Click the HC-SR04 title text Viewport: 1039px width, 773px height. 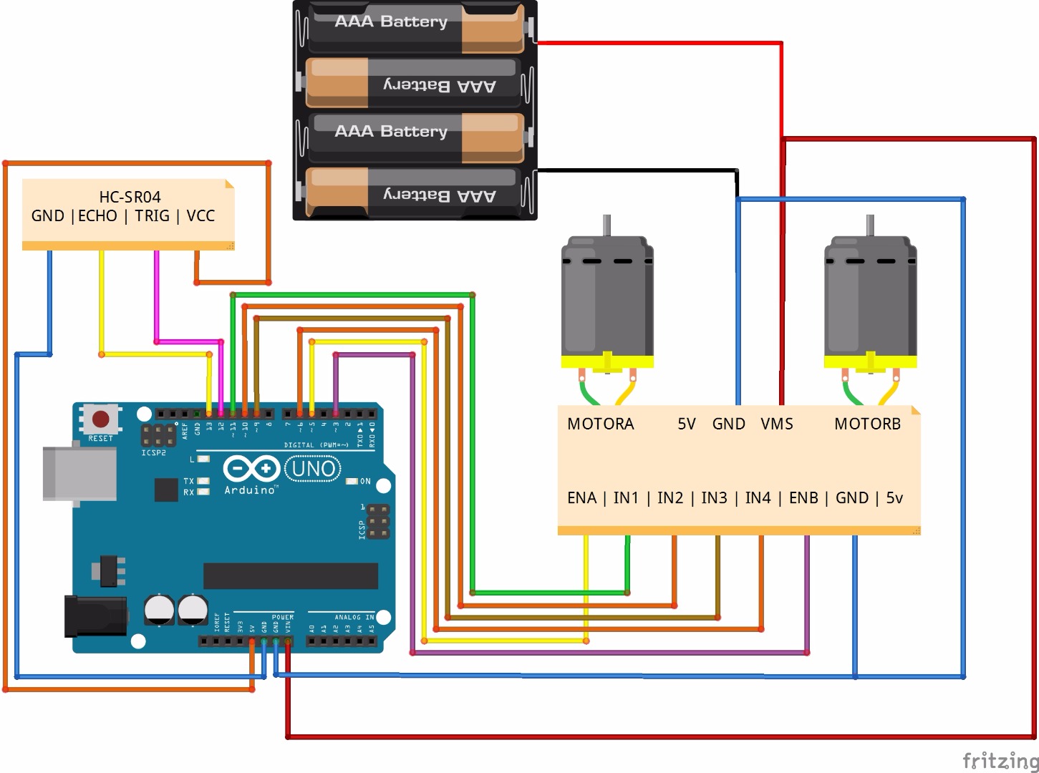tap(130, 197)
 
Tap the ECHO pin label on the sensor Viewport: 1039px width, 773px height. tap(97, 216)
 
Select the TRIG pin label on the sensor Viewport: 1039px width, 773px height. tap(152, 216)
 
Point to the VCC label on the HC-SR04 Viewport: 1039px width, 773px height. tap(200, 216)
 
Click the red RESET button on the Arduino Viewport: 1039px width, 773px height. tap(101, 419)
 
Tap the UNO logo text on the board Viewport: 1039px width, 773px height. tap(314, 469)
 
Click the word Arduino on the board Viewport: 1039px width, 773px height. tap(250, 490)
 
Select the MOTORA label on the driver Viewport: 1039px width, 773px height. tap(600, 424)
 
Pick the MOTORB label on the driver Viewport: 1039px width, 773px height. tap(867, 424)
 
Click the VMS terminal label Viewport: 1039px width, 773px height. tap(777, 424)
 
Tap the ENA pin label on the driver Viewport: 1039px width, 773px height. tap(581, 498)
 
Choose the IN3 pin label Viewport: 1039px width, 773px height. tap(714, 498)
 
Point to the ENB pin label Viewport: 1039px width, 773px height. tap(803, 498)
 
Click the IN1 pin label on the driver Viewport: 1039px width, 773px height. tap(626, 498)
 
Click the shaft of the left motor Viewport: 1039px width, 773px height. tap(607, 225)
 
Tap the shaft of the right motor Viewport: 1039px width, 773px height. tap(870, 225)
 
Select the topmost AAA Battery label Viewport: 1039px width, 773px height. tap(391, 21)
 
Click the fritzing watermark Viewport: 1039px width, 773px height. tap(1000, 760)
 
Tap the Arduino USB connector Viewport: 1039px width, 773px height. tap(79, 473)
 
